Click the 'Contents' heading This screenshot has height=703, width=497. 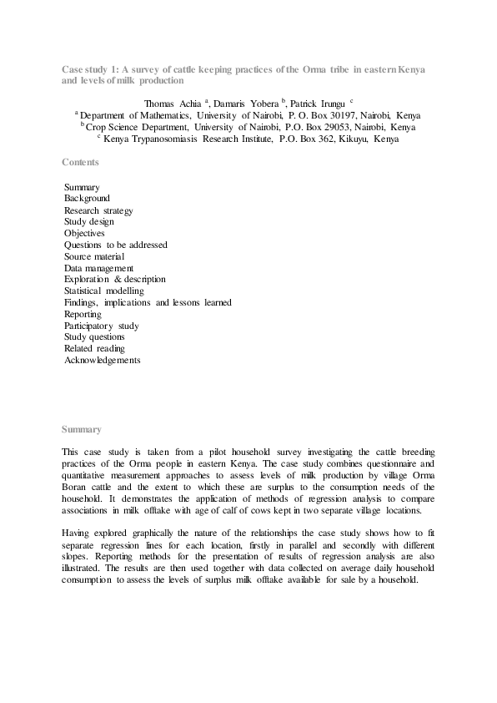pyautogui.click(x=80, y=162)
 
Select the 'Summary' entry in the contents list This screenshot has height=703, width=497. pyautogui.click(x=82, y=187)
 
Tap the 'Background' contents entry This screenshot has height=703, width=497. pyautogui.click(x=87, y=199)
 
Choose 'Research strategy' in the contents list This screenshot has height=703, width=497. pyautogui.click(x=98, y=210)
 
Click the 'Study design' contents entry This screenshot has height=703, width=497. pyautogui.click(x=89, y=222)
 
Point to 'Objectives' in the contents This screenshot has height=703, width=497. pyautogui.click(x=84, y=234)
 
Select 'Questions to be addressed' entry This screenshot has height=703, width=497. pyautogui.click(x=116, y=245)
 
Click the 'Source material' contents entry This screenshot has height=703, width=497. pyautogui.click(x=94, y=256)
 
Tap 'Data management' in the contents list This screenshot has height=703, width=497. pyautogui.click(x=98, y=268)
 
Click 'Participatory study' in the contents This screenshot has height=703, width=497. pyautogui.click(x=102, y=326)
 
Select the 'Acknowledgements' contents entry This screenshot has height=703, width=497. pyautogui.click(x=103, y=360)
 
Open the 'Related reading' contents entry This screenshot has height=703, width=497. pyautogui.click(x=94, y=348)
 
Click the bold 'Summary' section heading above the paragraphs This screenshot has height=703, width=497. pyautogui.click(x=82, y=429)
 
